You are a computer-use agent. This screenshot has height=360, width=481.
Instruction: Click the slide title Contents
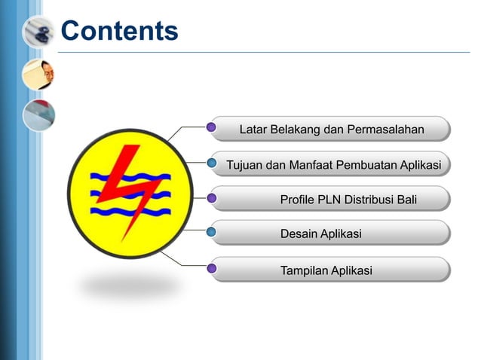pos(119,31)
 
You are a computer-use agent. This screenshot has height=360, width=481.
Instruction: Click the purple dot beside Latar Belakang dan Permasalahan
pos(212,127)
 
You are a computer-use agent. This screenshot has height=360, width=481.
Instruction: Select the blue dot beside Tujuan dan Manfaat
pos(212,163)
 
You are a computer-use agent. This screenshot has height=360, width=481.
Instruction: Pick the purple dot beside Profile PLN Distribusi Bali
pos(212,199)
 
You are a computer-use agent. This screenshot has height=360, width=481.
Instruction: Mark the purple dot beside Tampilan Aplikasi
pos(212,268)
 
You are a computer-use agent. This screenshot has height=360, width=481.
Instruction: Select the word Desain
pos(299,234)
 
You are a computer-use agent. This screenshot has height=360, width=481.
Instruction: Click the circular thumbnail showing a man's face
pos(38,74)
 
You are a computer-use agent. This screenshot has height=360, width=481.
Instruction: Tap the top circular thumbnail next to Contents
pos(38,32)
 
